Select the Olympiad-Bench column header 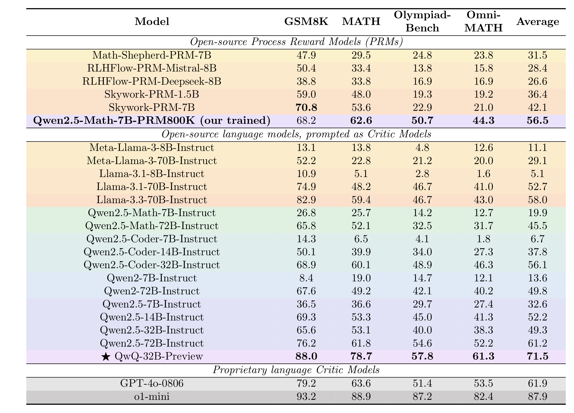tap(422, 21)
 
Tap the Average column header tap(538, 21)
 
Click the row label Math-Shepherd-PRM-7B tap(152, 55)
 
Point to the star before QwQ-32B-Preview tap(106, 357)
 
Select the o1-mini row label tap(152, 396)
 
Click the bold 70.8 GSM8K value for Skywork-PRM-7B tap(306, 107)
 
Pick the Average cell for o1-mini tap(538, 396)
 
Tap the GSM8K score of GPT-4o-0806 tap(306, 383)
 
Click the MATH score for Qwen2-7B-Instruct tap(361, 278)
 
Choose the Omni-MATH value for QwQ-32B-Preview tap(483, 356)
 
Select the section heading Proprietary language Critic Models tap(296, 370)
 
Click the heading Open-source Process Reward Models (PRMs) tap(296, 42)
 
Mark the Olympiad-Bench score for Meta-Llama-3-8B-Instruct tap(422, 148)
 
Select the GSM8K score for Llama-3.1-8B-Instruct tap(306, 174)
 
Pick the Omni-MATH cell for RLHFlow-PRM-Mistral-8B tap(483, 68)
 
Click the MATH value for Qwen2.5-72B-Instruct tap(361, 343)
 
